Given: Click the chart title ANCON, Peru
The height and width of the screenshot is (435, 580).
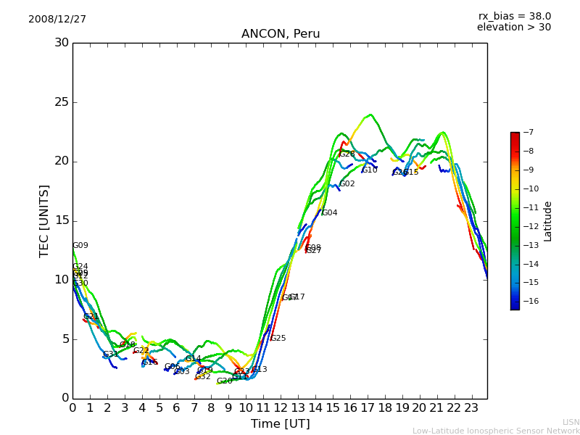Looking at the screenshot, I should point(280,34).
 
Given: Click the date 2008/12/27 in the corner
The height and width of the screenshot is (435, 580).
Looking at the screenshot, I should point(57,19).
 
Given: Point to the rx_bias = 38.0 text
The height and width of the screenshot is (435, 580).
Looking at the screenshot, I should point(514,16).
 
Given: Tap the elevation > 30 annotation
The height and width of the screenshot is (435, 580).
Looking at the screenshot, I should point(513,28).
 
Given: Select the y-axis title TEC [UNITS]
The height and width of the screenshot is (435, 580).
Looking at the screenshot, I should point(44,220).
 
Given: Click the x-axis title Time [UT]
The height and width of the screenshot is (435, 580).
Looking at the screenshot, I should point(280,423).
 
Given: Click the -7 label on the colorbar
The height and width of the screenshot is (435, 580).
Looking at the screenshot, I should point(526,132).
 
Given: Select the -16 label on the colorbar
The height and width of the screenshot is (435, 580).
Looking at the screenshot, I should point(529,301).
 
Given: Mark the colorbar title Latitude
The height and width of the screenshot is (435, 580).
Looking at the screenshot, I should point(548,220).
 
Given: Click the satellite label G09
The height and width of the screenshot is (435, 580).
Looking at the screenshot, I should point(80,246).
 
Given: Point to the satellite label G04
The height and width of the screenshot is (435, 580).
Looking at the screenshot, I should point(330,213).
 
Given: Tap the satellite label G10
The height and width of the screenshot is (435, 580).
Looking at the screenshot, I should point(370,170).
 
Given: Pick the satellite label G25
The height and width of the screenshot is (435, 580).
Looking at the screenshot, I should point(278,339).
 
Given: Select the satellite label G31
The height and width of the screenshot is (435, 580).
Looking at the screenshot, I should point(111,355).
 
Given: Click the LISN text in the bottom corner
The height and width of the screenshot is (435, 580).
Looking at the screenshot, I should point(571,422).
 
